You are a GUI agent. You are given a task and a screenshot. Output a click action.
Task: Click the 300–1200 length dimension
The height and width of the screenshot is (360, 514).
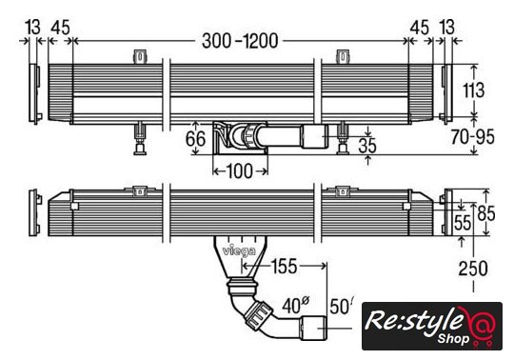coord(240,41)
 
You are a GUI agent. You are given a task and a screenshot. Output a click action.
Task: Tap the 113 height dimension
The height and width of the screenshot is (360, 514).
coord(473,90)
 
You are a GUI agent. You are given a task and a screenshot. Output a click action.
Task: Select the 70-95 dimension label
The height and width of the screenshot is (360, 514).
coord(472,137)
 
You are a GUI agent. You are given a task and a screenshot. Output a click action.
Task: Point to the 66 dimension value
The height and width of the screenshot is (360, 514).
coord(196,138)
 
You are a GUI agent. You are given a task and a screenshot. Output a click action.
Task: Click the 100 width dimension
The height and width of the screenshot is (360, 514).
coord(239,171)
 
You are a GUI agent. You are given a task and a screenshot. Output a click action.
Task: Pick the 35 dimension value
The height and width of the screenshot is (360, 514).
coord(367,146)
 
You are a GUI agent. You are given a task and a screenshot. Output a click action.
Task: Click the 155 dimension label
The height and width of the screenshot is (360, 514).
coord(285,267)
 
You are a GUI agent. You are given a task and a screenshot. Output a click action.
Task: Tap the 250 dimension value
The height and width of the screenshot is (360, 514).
coord(473,269)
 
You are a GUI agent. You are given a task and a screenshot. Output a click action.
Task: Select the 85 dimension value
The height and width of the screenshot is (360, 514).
coord(486,213)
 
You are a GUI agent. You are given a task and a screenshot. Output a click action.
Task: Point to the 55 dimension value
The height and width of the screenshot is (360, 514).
coord(463,223)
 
